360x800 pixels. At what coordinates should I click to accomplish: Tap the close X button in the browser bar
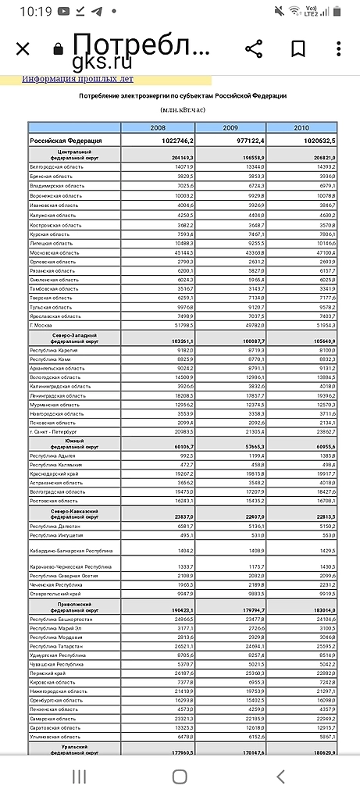pos(23,49)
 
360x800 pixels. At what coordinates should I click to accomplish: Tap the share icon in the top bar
pos(254,49)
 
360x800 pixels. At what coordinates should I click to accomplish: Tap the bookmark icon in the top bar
pos(298,49)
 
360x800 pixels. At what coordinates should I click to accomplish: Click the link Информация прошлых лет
pos(77,79)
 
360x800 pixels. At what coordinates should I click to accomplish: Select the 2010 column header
pos(301,127)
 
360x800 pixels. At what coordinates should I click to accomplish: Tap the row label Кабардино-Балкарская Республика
pos(71,551)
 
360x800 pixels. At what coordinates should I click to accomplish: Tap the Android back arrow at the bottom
pos(280,776)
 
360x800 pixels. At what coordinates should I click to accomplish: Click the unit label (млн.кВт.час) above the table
pos(180,111)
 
